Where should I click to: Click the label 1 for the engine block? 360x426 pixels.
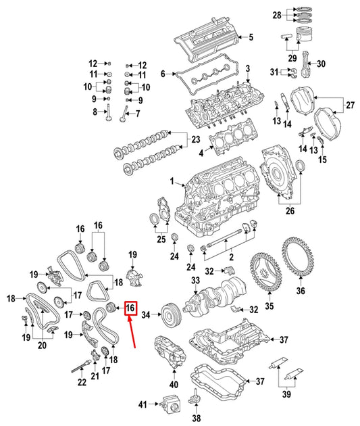tap(172, 181)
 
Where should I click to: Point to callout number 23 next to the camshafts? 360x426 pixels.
tap(195, 141)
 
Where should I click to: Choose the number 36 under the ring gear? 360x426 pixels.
tap(301, 291)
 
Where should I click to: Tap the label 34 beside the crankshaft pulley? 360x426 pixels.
tap(146, 314)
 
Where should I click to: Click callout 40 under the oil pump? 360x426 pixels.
tap(174, 385)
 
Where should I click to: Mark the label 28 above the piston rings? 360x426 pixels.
tap(295, 14)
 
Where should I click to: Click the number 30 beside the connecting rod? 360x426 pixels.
tap(321, 64)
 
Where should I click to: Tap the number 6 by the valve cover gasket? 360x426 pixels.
tap(163, 74)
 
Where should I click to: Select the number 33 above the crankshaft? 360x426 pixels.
tap(195, 281)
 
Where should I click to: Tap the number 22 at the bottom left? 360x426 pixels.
tap(82, 383)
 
